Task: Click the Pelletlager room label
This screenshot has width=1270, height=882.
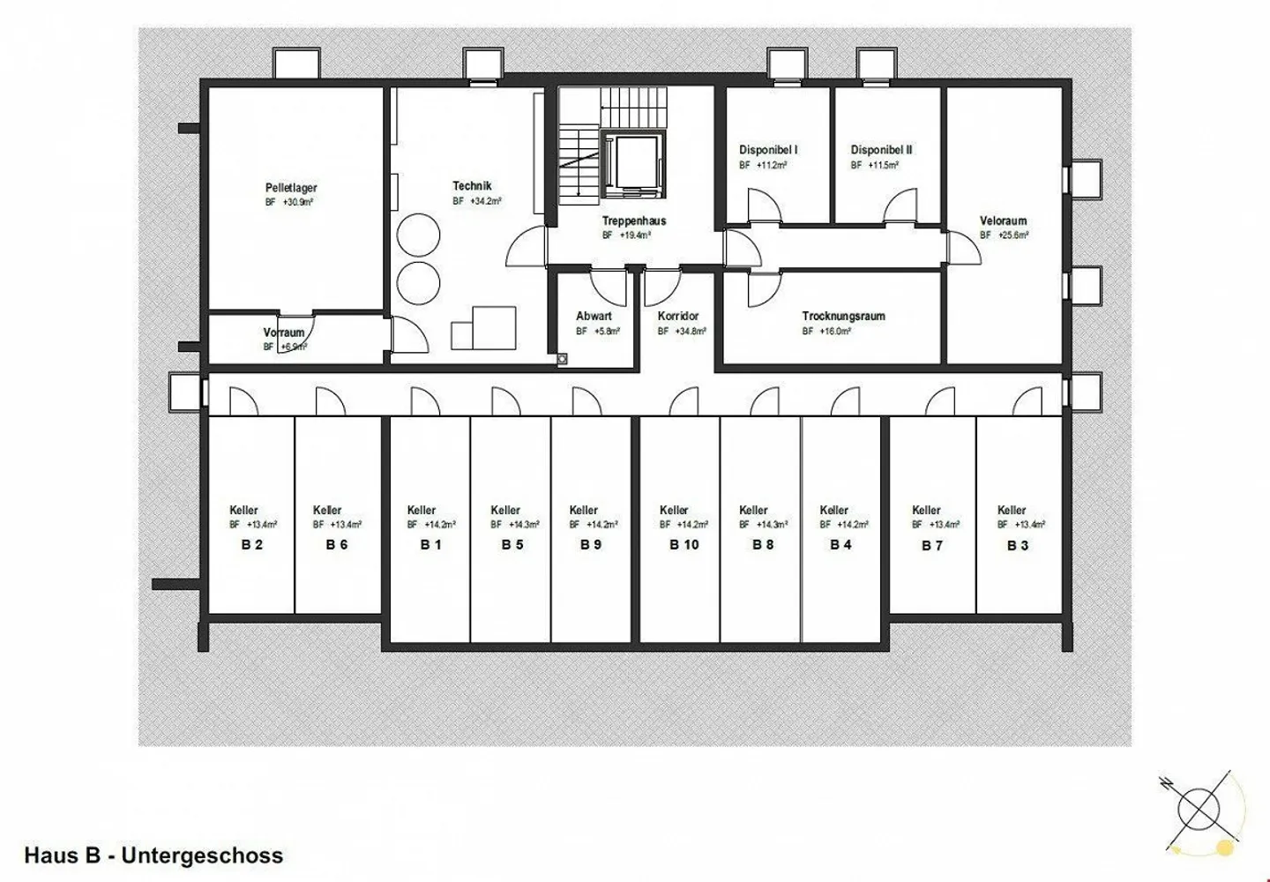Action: point(291,188)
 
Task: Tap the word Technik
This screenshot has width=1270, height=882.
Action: point(472,186)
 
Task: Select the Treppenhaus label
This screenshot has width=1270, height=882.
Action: point(634,220)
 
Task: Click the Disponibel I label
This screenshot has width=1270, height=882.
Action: point(768,150)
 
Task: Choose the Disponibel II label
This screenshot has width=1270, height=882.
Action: point(881,150)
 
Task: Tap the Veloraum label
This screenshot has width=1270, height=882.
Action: point(1003,220)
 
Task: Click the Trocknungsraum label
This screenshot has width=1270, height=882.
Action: point(843,316)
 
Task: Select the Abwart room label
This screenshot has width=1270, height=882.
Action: point(594,316)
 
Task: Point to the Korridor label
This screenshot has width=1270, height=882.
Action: point(678,316)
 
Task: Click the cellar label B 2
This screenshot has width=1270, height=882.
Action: point(252,545)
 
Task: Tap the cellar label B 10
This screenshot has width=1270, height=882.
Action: point(684,545)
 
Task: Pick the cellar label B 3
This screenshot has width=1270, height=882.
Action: point(1018,545)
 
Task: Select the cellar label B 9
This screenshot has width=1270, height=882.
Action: point(591,545)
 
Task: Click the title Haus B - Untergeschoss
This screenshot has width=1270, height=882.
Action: point(154,855)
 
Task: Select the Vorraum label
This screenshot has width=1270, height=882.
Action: point(284,333)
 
